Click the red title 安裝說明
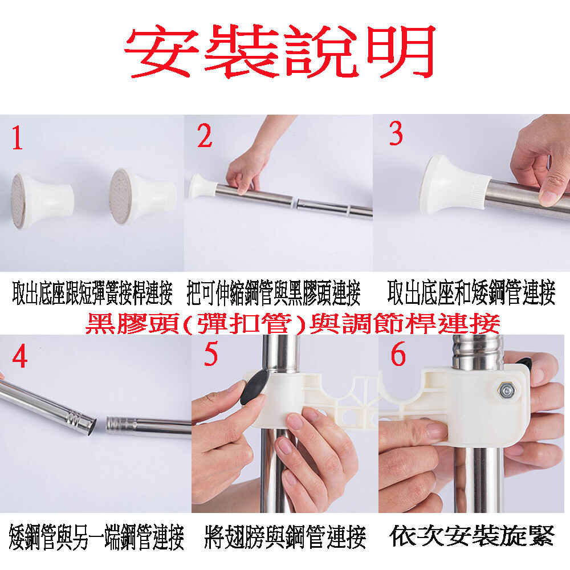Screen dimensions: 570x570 click(x=280, y=51)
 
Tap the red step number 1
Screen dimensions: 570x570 click(x=17, y=138)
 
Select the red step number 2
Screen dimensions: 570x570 click(x=205, y=135)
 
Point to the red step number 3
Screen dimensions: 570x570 click(x=396, y=133)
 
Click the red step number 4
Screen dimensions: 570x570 click(x=19, y=356)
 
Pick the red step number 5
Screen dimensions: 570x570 click(x=210, y=354)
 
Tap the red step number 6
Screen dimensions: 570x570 click(x=398, y=354)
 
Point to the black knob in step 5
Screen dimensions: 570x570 click(x=254, y=388)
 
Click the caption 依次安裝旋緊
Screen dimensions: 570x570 click(x=471, y=535)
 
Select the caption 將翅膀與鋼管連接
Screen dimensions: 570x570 click(x=285, y=536)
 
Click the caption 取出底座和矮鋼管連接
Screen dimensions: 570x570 click(x=471, y=292)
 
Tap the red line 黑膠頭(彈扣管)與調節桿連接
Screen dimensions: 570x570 click(x=292, y=323)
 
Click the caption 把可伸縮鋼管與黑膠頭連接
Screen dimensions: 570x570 click(x=274, y=293)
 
